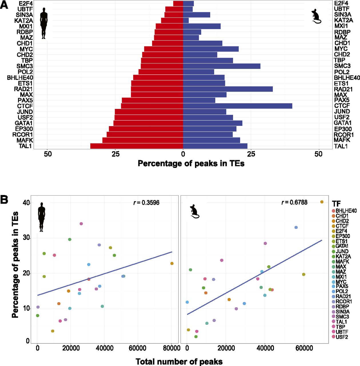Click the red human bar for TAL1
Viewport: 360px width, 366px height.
[136, 146]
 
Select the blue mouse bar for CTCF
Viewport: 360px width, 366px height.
[237, 106]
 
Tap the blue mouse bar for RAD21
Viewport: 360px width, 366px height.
[228, 89]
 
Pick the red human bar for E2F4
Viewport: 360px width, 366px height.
[178, 3]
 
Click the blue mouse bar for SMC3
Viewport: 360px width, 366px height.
[222, 66]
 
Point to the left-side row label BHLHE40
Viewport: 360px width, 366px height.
[20, 77]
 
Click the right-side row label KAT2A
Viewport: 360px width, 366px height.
[344, 20]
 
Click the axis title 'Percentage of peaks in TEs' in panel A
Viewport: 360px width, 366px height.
[191, 163]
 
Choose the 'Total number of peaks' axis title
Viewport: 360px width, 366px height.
[179, 361]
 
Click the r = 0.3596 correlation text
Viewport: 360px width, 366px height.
[146, 203]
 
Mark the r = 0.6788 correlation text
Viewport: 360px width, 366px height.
[295, 202]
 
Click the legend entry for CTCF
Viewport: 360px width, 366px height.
[342, 226]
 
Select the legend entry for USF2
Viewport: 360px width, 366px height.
[342, 337]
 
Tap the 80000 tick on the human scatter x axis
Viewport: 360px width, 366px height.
[172, 348]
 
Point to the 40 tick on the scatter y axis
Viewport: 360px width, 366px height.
[26, 203]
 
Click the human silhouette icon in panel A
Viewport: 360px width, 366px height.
[43, 23]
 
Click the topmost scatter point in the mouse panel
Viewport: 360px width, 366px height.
[322, 202]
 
